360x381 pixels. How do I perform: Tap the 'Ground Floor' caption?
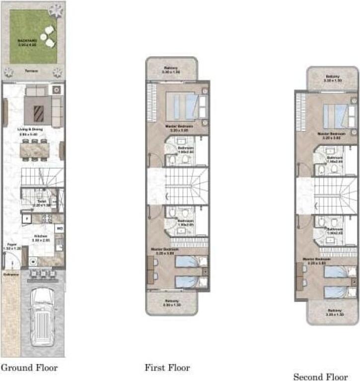(x=29, y=368)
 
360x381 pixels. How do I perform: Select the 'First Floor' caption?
(x=167, y=368)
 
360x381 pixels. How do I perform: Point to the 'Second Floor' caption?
(x=320, y=377)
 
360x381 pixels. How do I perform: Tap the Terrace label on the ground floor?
(x=33, y=71)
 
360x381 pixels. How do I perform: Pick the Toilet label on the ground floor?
(x=39, y=202)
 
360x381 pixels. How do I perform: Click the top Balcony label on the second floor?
(x=332, y=77)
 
